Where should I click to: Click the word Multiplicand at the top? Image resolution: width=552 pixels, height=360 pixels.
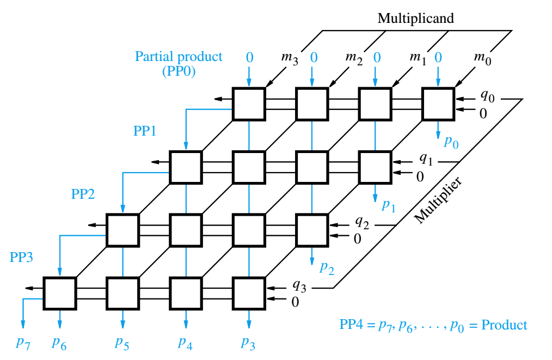[x=415, y=18]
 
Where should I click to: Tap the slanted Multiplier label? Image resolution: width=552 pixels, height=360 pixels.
[x=438, y=200]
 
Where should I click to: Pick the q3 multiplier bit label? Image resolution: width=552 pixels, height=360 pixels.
[x=299, y=286]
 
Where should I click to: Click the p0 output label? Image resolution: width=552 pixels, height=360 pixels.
[x=451, y=142]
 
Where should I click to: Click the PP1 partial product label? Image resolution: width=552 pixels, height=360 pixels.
[x=145, y=131]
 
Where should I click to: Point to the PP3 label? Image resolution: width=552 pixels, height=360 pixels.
[x=21, y=257]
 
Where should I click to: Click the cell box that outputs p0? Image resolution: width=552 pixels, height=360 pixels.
[x=438, y=104]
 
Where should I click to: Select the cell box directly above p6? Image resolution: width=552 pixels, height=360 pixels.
[x=59, y=293]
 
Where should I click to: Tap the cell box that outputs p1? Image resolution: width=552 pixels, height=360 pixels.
[x=375, y=167]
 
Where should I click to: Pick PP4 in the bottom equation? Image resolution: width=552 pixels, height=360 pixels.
[x=351, y=325]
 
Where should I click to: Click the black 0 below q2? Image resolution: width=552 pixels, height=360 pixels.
[x=358, y=239]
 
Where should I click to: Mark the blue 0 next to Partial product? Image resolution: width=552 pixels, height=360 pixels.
[x=249, y=57]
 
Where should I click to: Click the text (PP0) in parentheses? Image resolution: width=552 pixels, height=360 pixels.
[x=179, y=72]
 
